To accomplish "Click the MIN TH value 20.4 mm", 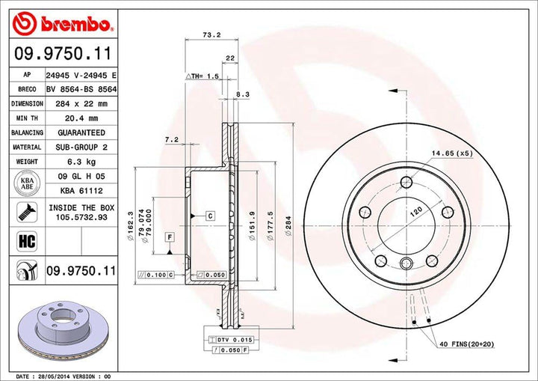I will tap(82, 118).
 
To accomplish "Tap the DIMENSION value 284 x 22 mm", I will tap(82, 103).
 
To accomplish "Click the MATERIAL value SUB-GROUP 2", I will tap(82, 147).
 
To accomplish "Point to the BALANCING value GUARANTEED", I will tap(82, 132).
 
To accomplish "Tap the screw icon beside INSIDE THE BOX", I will tap(24, 212).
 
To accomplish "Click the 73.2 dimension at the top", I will tap(210, 34).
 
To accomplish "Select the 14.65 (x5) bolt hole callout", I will tap(452, 153).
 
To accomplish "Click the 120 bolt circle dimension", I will tap(410, 214).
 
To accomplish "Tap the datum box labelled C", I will tap(210, 216).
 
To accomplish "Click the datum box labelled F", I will tap(170, 238).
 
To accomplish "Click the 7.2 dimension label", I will tap(170, 139).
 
